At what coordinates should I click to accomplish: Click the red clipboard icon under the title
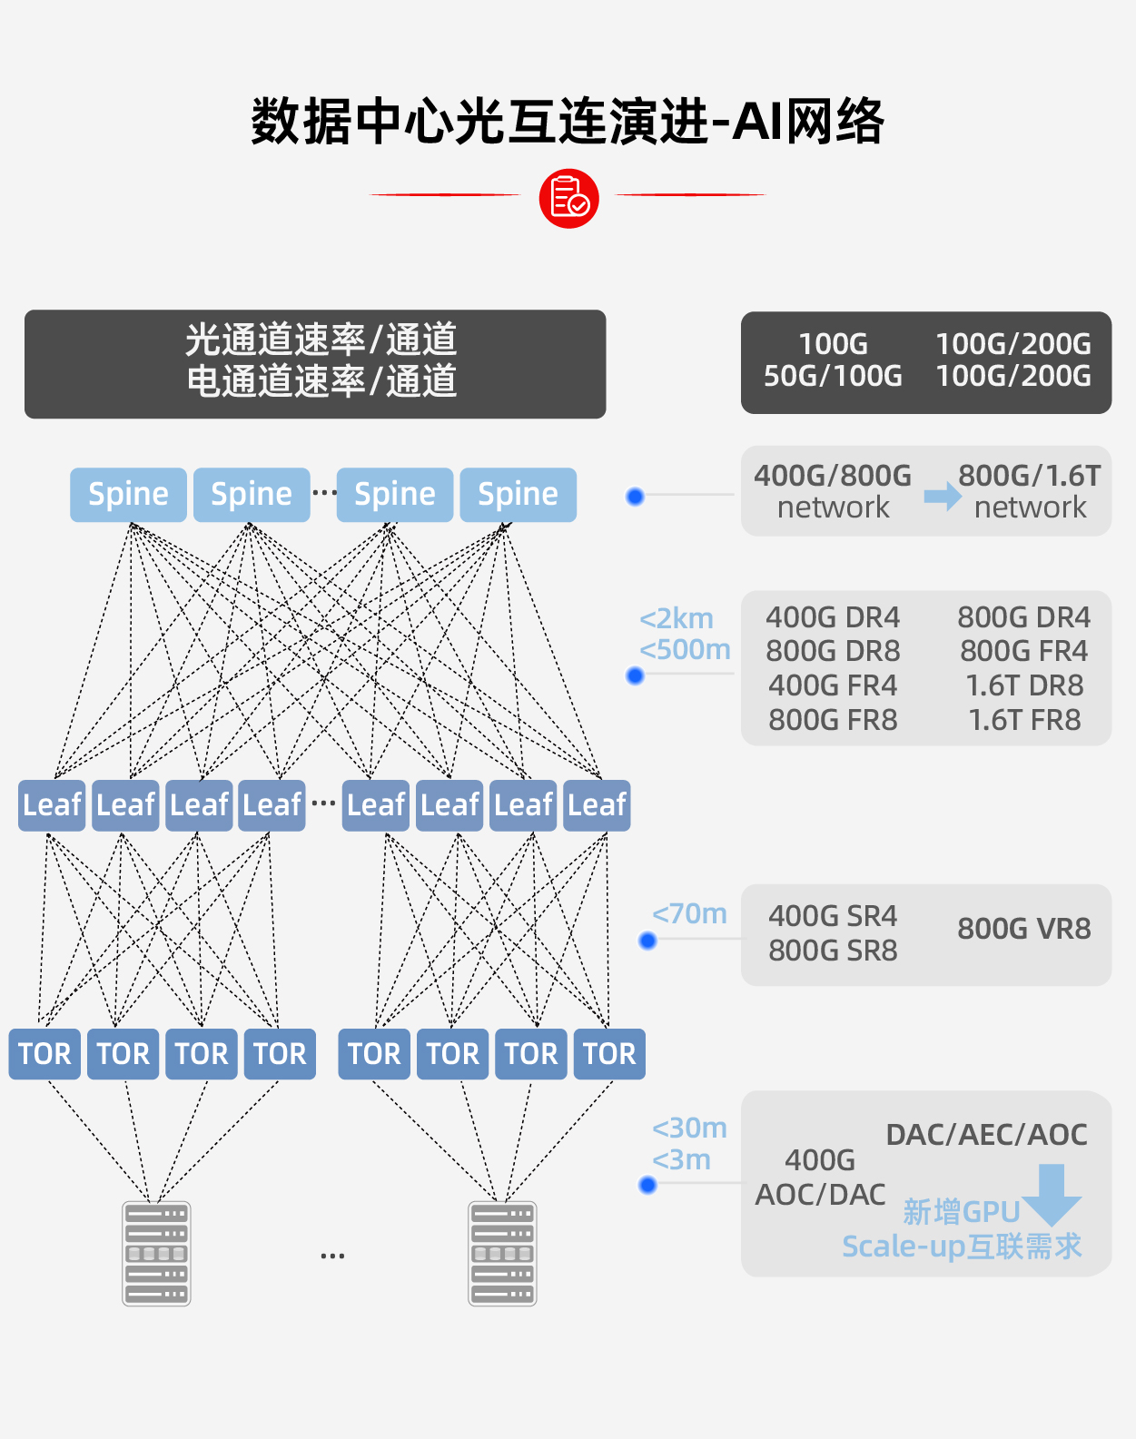pyautogui.click(x=568, y=198)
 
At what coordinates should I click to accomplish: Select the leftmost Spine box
pyautogui.click(x=128, y=495)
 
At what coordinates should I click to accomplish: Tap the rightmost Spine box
pyautogui.click(x=518, y=495)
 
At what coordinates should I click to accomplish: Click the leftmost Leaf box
pyautogui.click(x=52, y=805)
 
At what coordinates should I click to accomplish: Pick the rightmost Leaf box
pyautogui.click(x=597, y=805)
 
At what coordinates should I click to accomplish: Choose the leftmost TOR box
pyautogui.click(x=44, y=1054)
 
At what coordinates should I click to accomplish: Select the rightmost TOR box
pyautogui.click(x=609, y=1054)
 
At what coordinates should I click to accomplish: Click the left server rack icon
pyautogui.click(x=156, y=1254)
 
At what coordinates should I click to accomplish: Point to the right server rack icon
pyautogui.click(x=502, y=1254)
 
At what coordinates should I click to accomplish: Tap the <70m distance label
pyautogui.click(x=689, y=913)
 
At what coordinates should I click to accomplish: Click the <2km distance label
pyautogui.click(x=677, y=618)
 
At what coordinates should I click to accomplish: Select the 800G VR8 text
pyautogui.click(x=1023, y=929)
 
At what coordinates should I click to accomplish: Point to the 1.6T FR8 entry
pyautogui.click(x=1024, y=720)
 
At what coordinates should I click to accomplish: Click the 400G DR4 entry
pyautogui.click(x=833, y=617)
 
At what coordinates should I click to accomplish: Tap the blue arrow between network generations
pyautogui.click(x=943, y=496)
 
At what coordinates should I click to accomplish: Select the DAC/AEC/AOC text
pyautogui.click(x=986, y=1134)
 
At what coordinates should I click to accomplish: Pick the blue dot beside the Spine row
pyautogui.click(x=636, y=497)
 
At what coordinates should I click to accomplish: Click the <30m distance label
pyautogui.click(x=689, y=1128)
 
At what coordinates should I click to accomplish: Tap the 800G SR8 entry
pyautogui.click(x=833, y=951)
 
